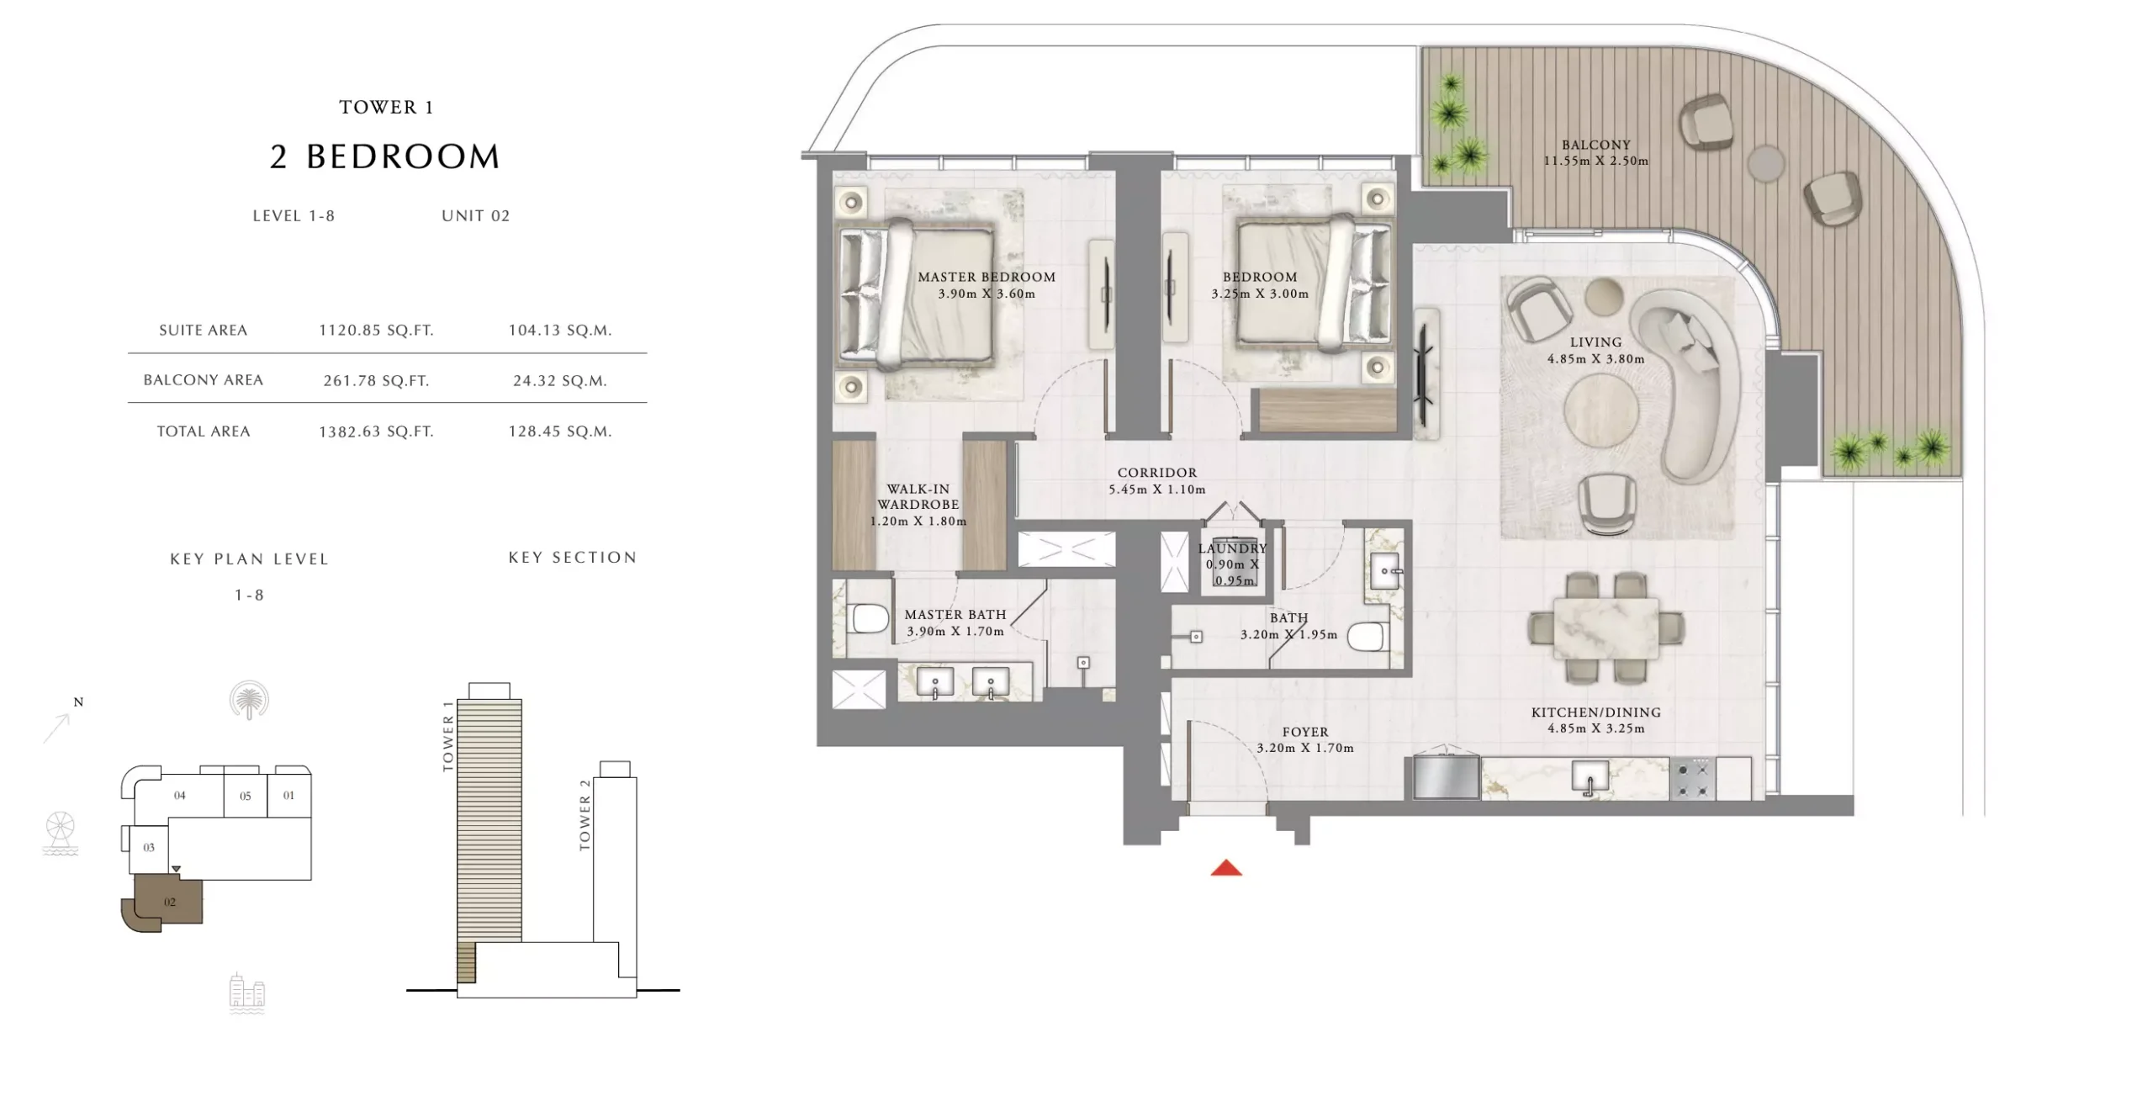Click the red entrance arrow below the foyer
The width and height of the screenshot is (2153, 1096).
pos(1226,867)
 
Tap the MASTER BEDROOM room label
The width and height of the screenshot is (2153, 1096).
pos(987,277)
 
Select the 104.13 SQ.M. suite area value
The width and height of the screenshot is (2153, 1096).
pos(560,331)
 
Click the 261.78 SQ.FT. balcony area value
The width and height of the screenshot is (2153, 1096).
pos(376,381)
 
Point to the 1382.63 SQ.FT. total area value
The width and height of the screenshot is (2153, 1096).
pos(376,432)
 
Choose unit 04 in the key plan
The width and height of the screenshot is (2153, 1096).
pos(180,796)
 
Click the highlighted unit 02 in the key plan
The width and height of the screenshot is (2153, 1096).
pos(169,901)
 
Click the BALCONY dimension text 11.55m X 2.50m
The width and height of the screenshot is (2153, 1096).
pos(1595,161)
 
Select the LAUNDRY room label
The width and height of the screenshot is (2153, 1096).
pos(1232,548)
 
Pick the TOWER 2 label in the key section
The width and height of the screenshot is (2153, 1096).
pos(585,814)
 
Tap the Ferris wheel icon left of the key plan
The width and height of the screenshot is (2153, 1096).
pos(61,834)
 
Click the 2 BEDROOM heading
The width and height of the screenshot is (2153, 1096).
pos(385,156)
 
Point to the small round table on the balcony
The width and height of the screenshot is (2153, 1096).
pos(1765,163)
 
